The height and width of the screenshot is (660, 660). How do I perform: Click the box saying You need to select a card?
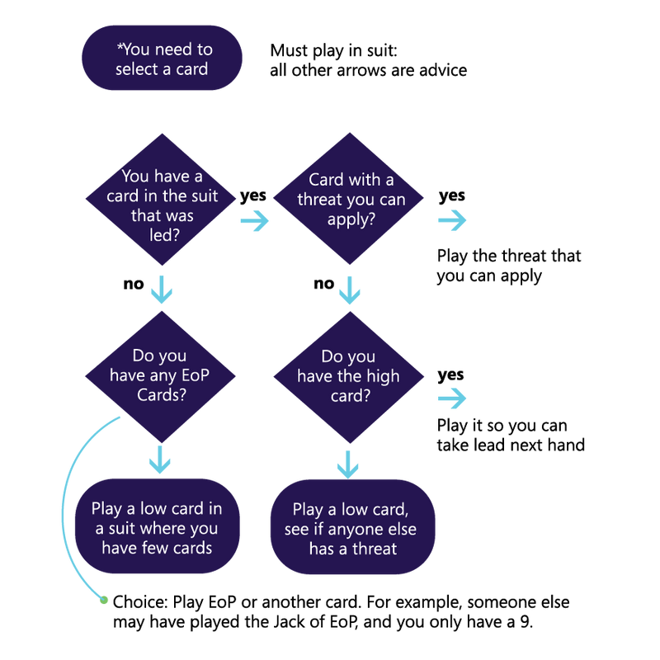tap(162, 59)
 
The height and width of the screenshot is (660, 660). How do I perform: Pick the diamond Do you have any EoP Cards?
tap(161, 376)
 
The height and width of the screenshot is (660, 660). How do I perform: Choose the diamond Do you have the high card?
tap(349, 376)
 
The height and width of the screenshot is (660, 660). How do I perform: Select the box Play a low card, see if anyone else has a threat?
tap(351, 528)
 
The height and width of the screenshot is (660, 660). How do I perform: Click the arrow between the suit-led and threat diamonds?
tap(254, 220)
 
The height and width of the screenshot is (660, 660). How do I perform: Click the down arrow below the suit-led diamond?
tap(162, 290)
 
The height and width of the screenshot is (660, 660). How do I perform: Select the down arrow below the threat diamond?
tap(350, 290)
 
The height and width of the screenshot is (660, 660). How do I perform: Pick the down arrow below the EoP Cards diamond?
tap(161, 460)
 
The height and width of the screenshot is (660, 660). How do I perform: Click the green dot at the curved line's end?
tap(104, 600)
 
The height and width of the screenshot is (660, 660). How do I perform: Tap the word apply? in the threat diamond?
tap(351, 219)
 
